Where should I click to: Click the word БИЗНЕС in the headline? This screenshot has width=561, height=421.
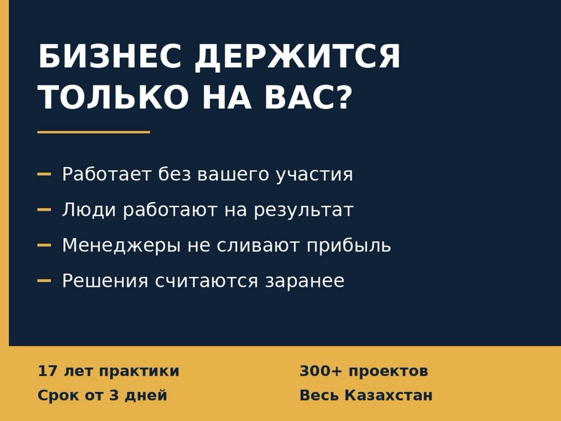click(x=110, y=56)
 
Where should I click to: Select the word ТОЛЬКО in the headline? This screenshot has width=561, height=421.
click(x=114, y=97)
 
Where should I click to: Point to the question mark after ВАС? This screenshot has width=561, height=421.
click(x=344, y=97)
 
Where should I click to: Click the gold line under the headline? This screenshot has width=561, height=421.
click(x=94, y=132)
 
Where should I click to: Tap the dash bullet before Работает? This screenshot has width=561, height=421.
click(x=44, y=174)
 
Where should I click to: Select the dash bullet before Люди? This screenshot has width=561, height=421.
click(x=44, y=209)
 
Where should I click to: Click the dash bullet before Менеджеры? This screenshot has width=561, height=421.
click(x=44, y=245)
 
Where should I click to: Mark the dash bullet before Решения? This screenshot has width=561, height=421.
click(x=44, y=281)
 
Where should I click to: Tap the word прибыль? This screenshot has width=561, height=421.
click(x=349, y=246)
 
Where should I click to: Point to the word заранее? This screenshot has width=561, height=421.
click(x=305, y=281)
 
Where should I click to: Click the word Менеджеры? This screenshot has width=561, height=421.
click(x=121, y=246)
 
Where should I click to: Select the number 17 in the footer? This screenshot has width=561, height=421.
click(x=48, y=371)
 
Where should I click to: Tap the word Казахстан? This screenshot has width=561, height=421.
click(x=388, y=395)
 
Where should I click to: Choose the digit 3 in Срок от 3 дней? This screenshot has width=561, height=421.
click(x=114, y=395)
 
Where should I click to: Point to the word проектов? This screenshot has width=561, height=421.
click(x=388, y=372)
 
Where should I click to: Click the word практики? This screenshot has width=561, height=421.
click(x=139, y=372)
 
